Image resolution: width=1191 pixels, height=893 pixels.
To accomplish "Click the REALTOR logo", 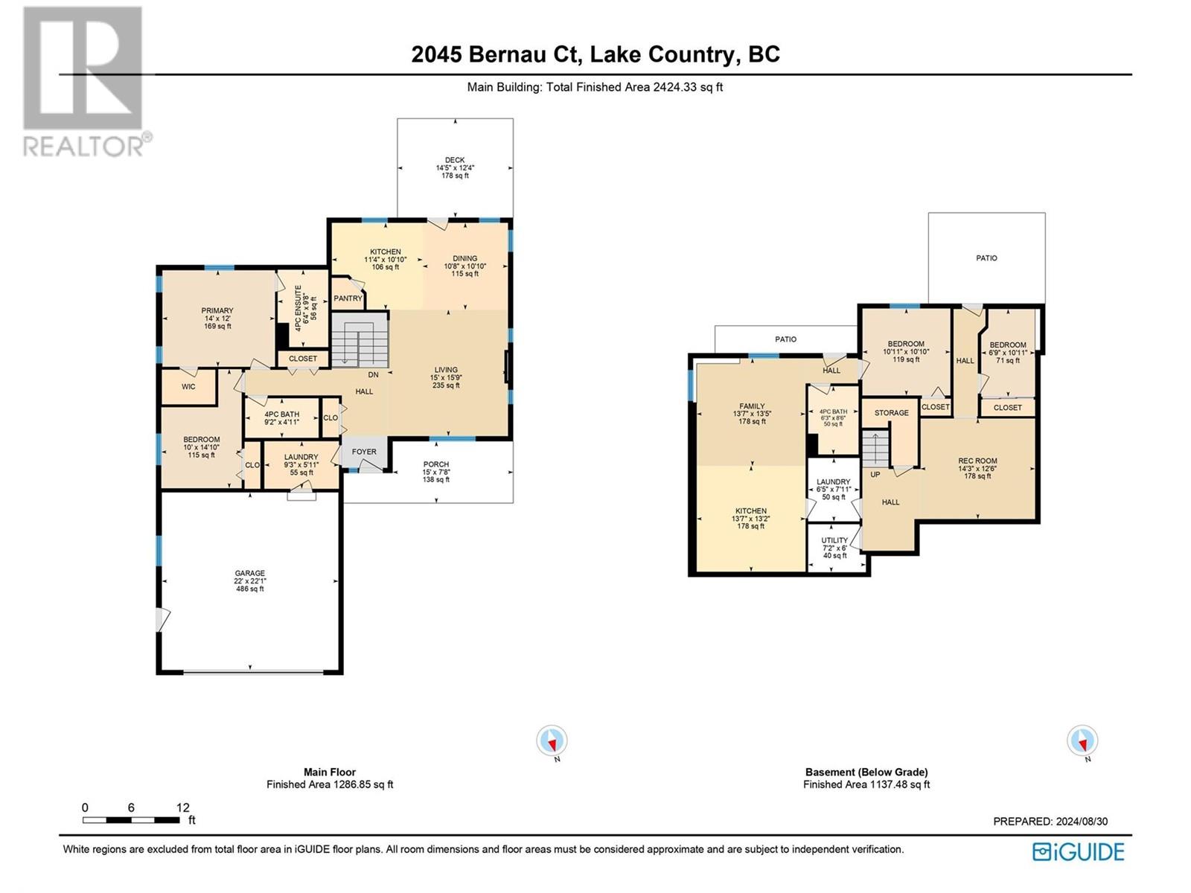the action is click(x=87, y=81).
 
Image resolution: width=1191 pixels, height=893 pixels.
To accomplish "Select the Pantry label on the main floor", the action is click(x=348, y=298).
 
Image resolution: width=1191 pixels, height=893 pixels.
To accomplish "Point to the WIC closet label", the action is click(x=188, y=386).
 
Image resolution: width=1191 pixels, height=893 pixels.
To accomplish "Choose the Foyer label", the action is click(x=363, y=452).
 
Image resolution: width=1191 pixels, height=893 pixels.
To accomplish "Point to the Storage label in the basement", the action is click(x=892, y=412).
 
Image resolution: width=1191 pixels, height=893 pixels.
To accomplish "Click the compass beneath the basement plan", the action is click(x=1082, y=740).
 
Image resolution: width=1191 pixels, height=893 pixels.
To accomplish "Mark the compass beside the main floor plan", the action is click(x=552, y=740).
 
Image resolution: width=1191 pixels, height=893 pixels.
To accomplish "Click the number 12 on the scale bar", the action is click(x=183, y=807).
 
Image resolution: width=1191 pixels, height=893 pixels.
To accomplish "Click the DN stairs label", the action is click(x=374, y=374).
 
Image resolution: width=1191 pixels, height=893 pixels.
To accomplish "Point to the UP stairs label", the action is click(x=875, y=475).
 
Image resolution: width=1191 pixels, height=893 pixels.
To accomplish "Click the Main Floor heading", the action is click(x=330, y=772).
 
